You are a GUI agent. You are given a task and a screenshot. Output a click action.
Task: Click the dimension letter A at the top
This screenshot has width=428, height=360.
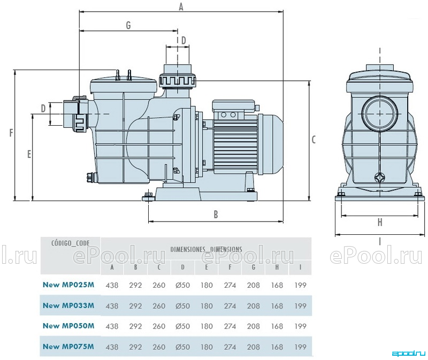coord(181,7)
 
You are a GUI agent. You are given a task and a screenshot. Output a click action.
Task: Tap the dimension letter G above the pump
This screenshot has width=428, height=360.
coord(128,25)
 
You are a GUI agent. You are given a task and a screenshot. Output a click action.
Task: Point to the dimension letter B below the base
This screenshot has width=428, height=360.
coord(216,215)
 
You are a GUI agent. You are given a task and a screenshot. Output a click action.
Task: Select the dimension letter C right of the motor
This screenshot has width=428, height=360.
coord(314,140)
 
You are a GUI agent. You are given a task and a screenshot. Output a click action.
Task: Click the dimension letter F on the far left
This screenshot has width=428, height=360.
coord(11,133)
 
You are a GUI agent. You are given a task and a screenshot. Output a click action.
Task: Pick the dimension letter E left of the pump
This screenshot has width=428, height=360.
coord(29,155)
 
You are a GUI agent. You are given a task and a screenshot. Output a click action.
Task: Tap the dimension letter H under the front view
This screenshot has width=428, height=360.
coord(380,223)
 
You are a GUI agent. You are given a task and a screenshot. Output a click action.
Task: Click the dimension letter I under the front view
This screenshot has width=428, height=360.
coord(380,241)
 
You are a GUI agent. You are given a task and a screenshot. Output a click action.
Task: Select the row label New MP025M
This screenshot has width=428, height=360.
coord(68,285)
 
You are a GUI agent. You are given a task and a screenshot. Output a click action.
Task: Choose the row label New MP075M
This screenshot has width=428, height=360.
coord(68,346)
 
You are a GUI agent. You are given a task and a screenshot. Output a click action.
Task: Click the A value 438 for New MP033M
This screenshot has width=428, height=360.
coord(112,306)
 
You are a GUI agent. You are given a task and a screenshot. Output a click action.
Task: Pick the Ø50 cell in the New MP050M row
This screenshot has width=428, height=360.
coord(182,326)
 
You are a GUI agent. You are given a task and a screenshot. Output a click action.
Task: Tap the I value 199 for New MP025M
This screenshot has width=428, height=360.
coord(301,285)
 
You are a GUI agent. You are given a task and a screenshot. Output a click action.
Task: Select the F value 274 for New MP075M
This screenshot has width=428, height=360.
coord(230,347)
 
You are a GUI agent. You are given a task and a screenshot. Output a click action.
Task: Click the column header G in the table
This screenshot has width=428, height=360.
coord(254,267)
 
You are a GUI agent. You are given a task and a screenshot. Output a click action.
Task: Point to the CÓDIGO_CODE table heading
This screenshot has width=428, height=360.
coord(71,243)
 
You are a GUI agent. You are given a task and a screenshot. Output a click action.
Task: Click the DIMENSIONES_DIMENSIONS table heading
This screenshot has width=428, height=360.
coord(206,249)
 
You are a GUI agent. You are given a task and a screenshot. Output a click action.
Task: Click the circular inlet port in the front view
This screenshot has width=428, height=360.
coord(380,113)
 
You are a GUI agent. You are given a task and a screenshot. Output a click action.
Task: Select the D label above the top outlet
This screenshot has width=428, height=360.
coord(184,41)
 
